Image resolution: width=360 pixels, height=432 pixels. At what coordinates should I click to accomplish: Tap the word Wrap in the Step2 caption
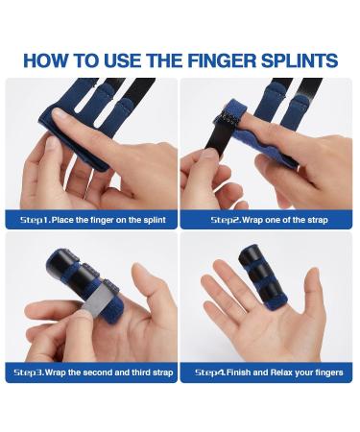click(252, 220)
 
